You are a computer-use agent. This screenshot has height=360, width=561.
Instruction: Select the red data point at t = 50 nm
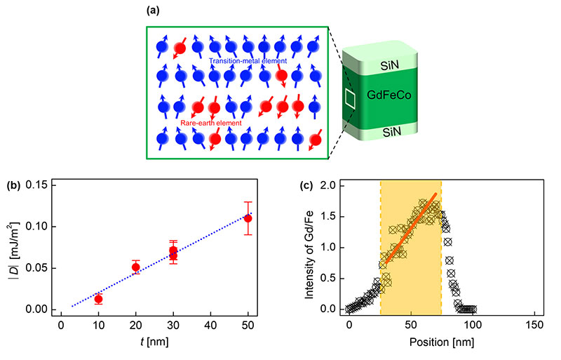click(248, 218)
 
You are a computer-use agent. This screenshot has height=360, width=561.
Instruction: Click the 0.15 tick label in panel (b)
click(41, 185)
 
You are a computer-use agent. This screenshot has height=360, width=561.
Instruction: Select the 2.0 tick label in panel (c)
click(330, 185)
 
